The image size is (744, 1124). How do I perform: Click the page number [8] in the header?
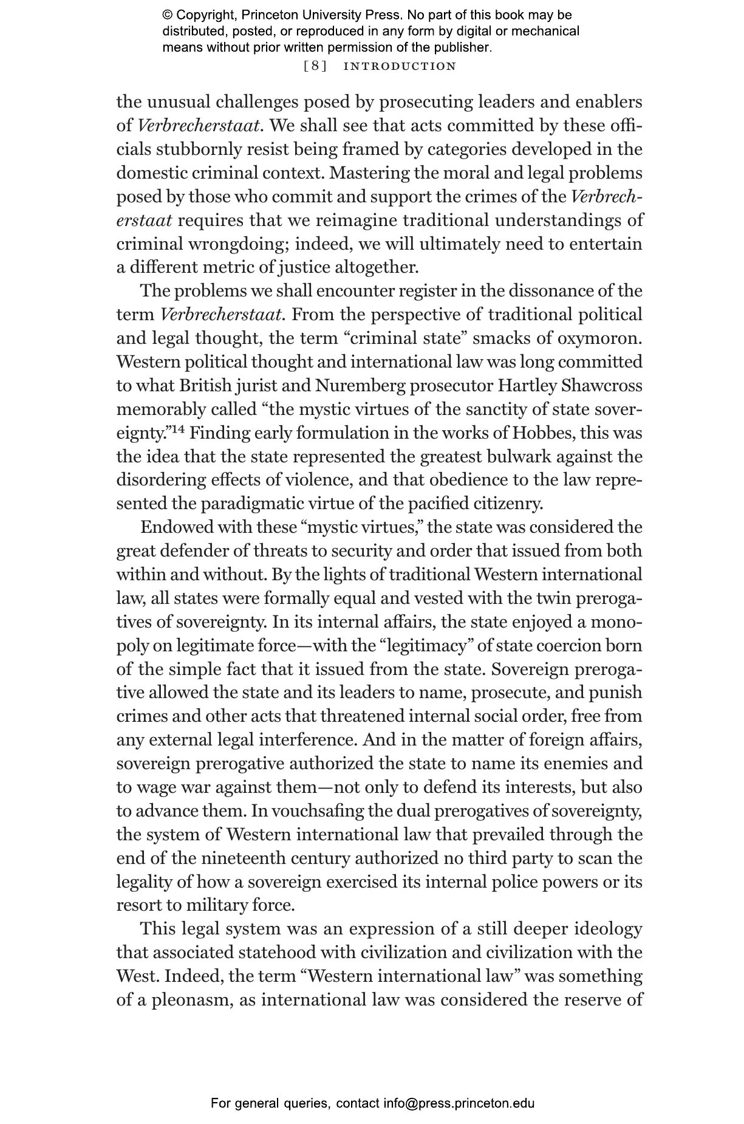click(x=315, y=66)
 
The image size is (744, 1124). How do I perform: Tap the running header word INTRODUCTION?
click(x=400, y=66)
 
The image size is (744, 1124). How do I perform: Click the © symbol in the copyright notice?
click(x=168, y=15)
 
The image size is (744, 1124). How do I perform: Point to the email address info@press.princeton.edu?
click(x=459, y=1103)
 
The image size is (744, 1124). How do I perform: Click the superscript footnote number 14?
click(x=177, y=431)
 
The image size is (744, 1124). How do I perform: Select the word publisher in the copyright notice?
click(x=462, y=47)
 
